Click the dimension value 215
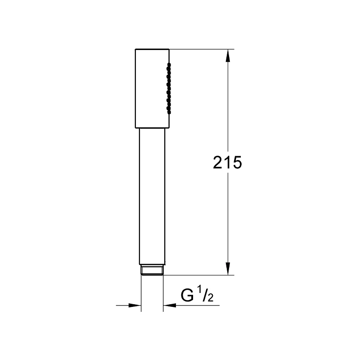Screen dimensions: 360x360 point(227,162)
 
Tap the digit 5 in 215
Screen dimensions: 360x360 point(237,162)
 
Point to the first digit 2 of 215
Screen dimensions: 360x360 point(217,162)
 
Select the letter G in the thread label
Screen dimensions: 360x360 point(187,295)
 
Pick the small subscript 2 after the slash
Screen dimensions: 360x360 point(211,298)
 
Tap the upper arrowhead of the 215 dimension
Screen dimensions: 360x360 point(228,55)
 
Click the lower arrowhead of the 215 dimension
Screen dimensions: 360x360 point(228,269)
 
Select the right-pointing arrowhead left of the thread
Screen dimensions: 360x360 point(135,306)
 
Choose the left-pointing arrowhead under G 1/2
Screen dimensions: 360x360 point(170,306)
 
